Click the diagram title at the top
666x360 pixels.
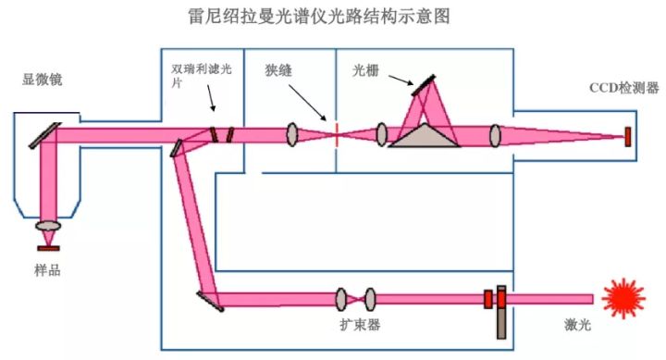tap(334, 18)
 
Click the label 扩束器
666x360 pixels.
tap(360, 325)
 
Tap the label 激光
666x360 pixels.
tap(577, 325)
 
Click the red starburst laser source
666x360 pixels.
tap(623, 298)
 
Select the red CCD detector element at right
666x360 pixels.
tap(628, 136)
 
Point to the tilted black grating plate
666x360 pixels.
tap(424, 85)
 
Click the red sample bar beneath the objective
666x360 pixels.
tap(48, 248)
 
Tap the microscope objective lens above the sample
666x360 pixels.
tap(48, 226)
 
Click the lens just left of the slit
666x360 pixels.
tap(293, 135)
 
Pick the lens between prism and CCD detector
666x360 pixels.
tap(495, 136)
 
